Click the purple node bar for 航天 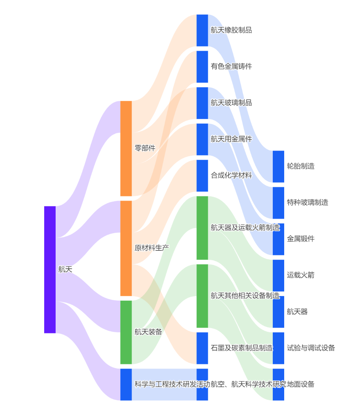[50, 269]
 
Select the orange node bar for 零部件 [126, 148]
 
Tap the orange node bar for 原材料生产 [126, 248]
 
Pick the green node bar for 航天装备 [126, 332]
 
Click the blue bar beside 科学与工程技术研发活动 [126, 384]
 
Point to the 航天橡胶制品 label [231, 30]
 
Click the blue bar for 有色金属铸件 [202, 66]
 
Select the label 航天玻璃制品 [231, 103]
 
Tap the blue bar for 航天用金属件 [202, 139]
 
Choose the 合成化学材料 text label [231, 176]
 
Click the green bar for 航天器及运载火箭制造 [202, 228]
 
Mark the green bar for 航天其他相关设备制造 [202, 296]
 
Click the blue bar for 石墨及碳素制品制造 [202, 348]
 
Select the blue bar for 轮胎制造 [278, 166]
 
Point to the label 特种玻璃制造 [307, 202]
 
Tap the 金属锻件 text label [301, 239]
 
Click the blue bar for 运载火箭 [278, 275]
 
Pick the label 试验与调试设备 [311, 348]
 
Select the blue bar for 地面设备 [278, 384]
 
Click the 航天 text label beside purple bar [65, 269]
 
